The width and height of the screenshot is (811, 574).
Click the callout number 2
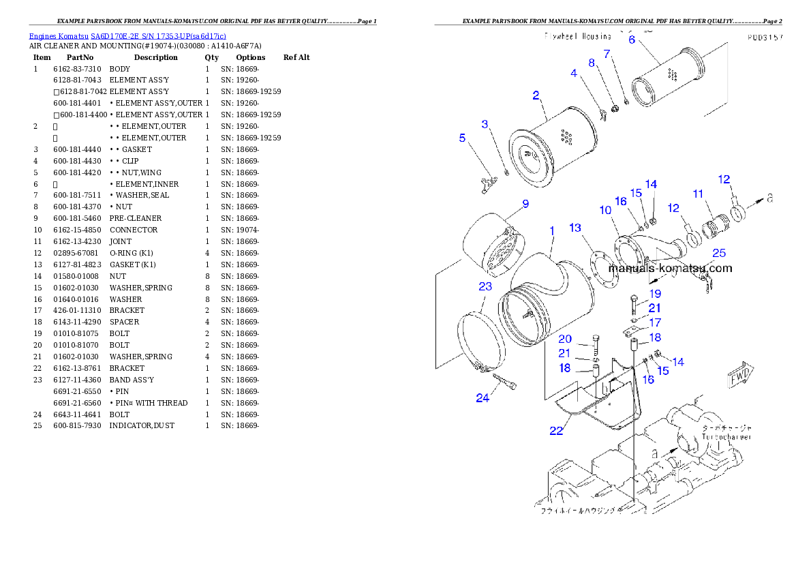coord(536,95)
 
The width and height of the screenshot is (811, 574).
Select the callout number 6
coord(632,40)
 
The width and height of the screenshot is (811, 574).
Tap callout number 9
coord(525,203)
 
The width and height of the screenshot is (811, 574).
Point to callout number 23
coord(485,286)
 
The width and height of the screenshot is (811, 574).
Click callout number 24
coord(483,398)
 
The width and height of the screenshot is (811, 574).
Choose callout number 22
coord(557,431)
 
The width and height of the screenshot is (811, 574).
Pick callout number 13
coord(576,227)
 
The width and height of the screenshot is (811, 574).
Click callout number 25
coord(719,254)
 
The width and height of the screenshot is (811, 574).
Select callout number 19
coord(655,294)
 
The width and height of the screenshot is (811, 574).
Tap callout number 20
coord(565,339)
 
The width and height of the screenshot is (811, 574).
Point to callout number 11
coord(698,194)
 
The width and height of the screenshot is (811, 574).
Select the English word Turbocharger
coord(725,436)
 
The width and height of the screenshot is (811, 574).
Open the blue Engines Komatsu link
coord(127,35)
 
